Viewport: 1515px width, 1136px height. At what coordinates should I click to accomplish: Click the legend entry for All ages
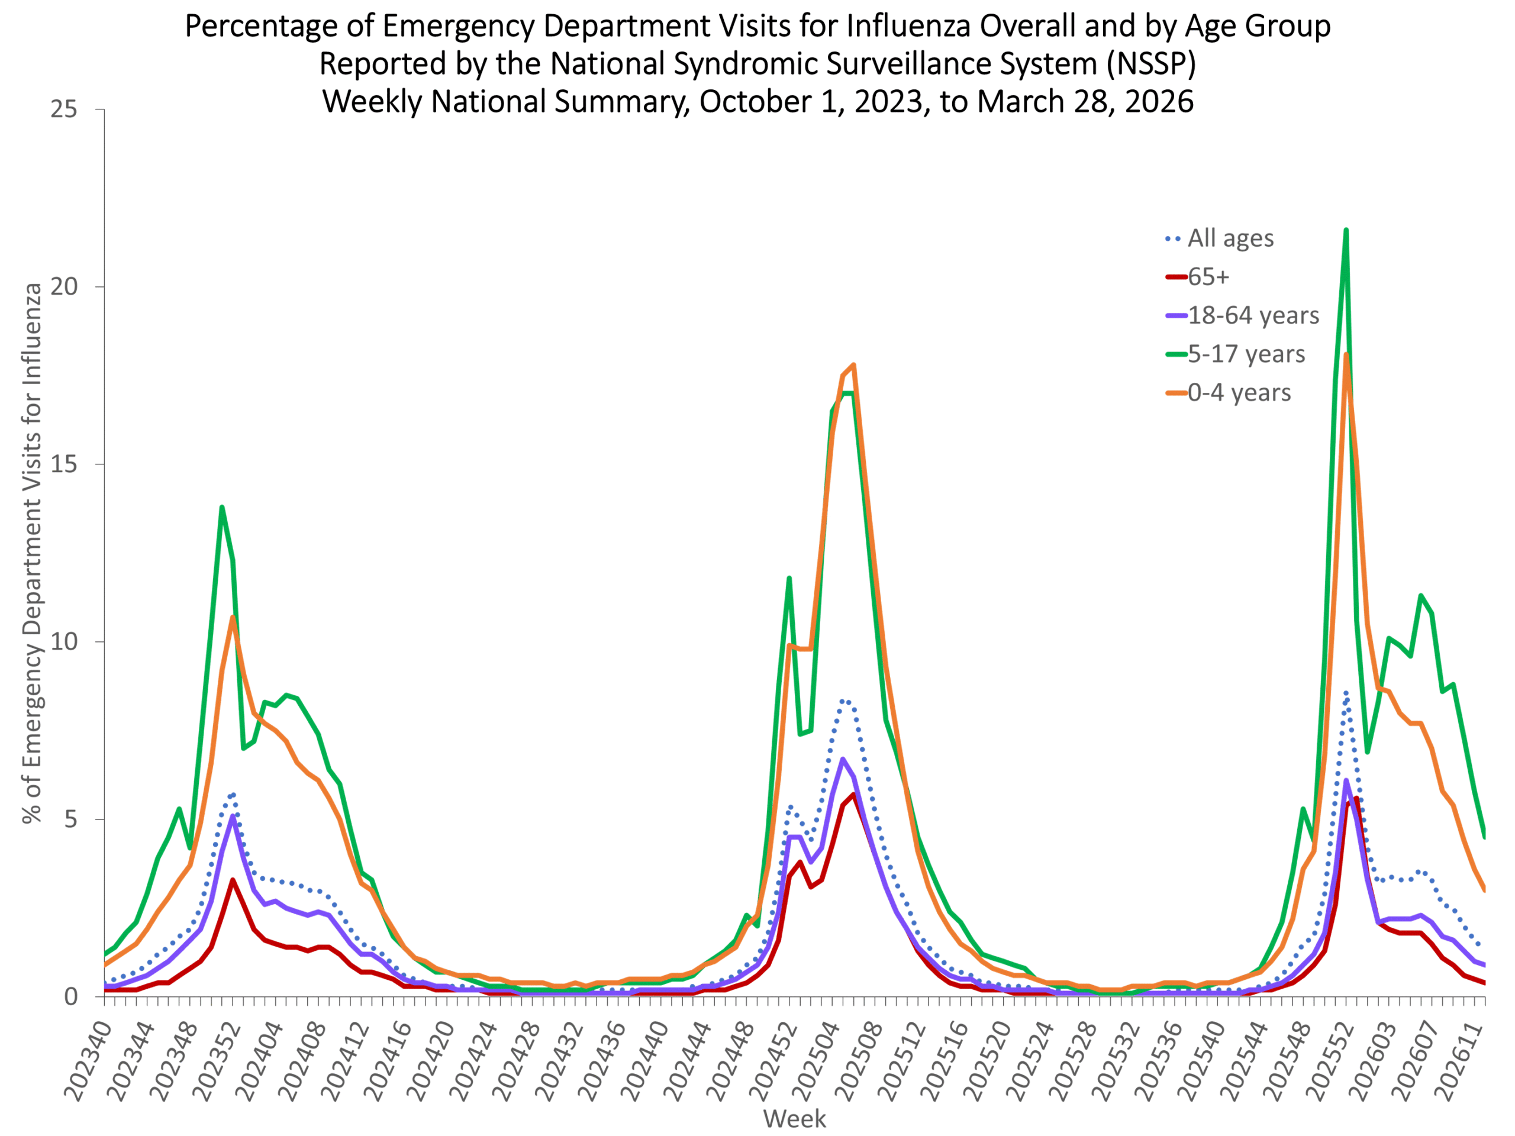(x=1219, y=238)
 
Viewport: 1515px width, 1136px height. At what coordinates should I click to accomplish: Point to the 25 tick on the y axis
(x=64, y=109)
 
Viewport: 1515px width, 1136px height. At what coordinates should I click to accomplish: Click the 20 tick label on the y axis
(x=64, y=286)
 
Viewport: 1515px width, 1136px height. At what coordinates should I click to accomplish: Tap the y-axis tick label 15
(x=64, y=464)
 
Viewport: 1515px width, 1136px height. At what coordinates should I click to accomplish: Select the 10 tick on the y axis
(x=64, y=641)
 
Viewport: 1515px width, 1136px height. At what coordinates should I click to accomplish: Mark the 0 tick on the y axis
(x=71, y=997)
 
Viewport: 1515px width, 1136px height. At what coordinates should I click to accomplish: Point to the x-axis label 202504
(x=814, y=1060)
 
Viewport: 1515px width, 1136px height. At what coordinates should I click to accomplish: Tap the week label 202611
(x=1459, y=1060)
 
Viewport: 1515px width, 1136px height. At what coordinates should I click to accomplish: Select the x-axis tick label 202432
(x=558, y=1060)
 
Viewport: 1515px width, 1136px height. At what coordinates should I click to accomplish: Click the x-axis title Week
(x=794, y=1119)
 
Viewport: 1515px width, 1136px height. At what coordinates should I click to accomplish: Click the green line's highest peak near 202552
(x=1346, y=230)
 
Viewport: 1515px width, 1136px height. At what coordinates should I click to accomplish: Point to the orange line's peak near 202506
(x=853, y=365)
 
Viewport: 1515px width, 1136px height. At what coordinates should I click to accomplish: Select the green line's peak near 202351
(x=222, y=508)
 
